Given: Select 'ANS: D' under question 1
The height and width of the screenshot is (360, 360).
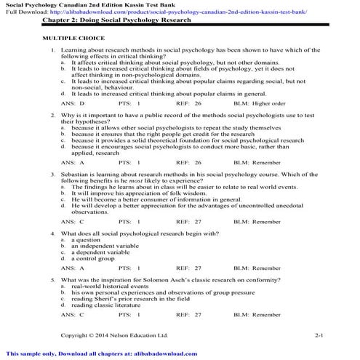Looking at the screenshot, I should [x=73, y=104].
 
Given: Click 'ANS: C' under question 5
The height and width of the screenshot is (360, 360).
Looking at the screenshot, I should [x=73, y=315].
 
